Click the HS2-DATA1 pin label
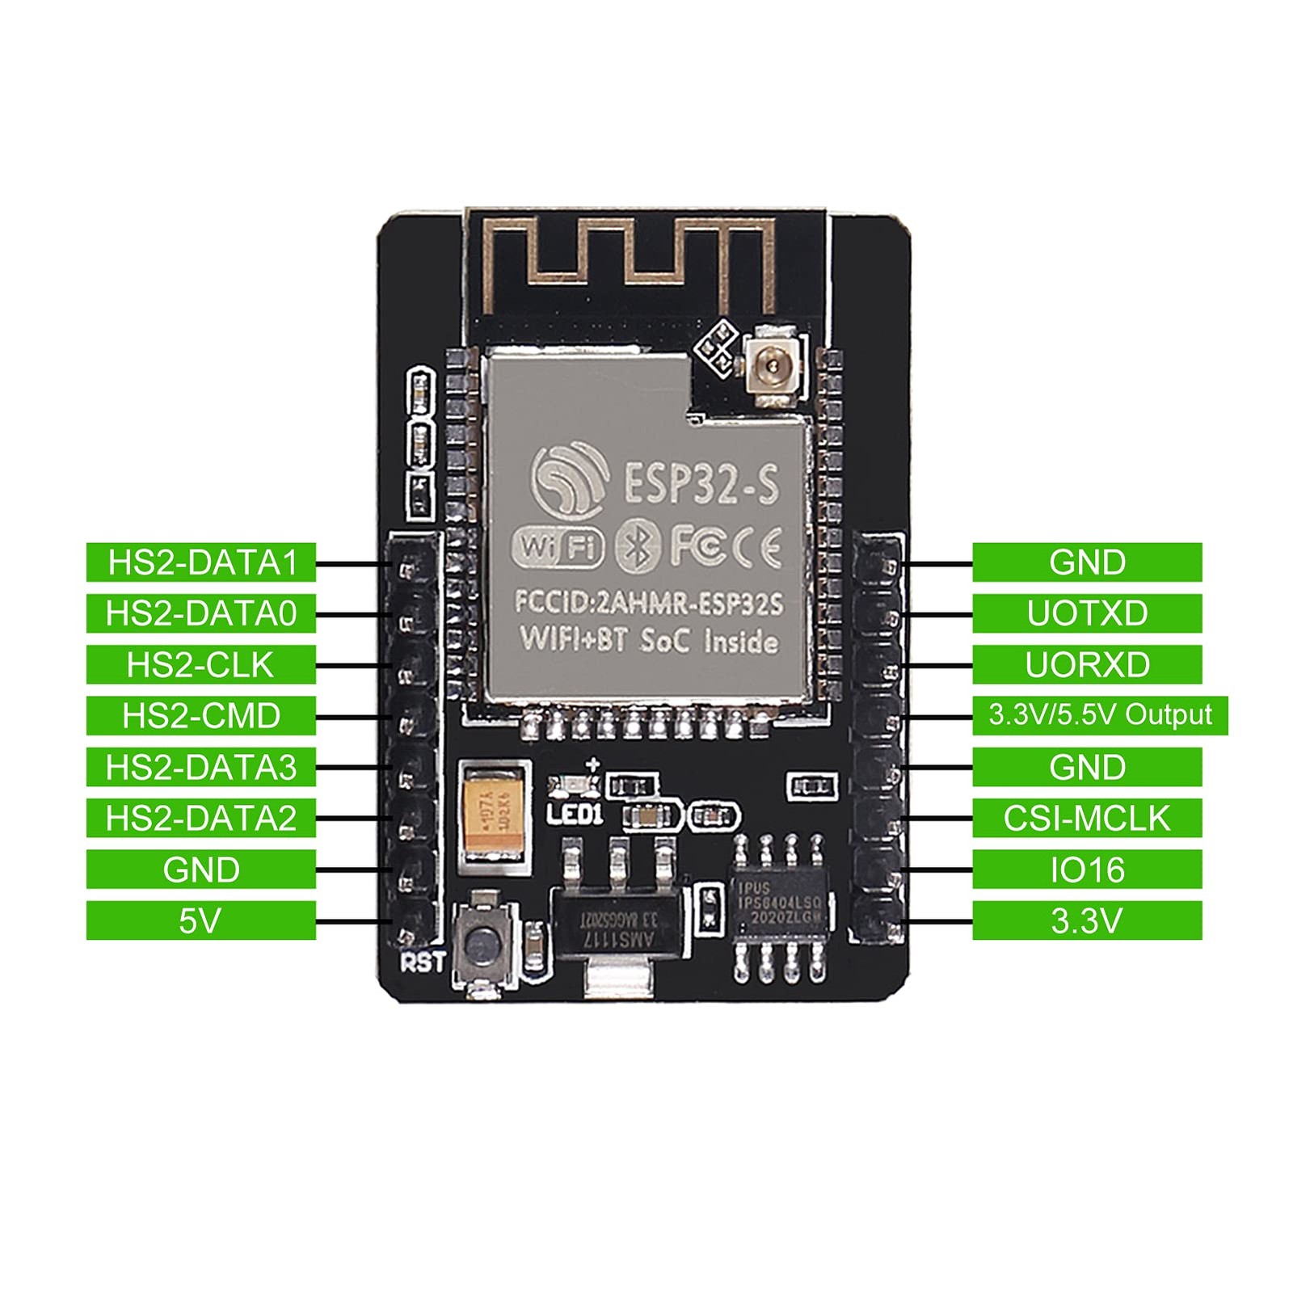point(201,562)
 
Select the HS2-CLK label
point(201,665)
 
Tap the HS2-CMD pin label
point(201,716)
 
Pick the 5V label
point(201,920)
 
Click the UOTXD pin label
point(1087,613)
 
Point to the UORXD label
point(1087,665)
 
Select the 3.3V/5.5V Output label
point(1100,715)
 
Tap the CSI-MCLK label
point(1087,819)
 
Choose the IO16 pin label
point(1087,870)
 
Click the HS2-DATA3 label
point(201,767)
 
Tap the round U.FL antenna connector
point(773,369)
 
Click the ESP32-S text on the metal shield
point(700,484)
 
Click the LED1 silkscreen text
point(575,813)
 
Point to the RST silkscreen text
point(423,962)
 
